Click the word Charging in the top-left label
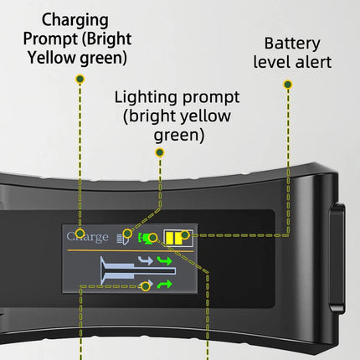[x=75, y=21]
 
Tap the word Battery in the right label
[x=292, y=44]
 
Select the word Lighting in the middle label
[x=146, y=98]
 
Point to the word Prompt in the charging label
[x=51, y=39]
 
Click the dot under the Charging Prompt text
[x=80, y=79]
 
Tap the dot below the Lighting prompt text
[x=160, y=152]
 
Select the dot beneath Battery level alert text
[x=288, y=85]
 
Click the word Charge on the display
[x=87, y=237]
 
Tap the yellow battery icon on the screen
[x=178, y=238]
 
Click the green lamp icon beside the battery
[x=145, y=239]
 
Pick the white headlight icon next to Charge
[x=123, y=239]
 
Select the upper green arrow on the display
[x=164, y=261]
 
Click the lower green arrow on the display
[x=164, y=285]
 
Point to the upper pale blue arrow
[x=146, y=260]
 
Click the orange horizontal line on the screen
[x=131, y=251]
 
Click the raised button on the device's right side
[x=337, y=255]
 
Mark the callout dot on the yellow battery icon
[x=185, y=235]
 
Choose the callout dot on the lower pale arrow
[x=146, y=286]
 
